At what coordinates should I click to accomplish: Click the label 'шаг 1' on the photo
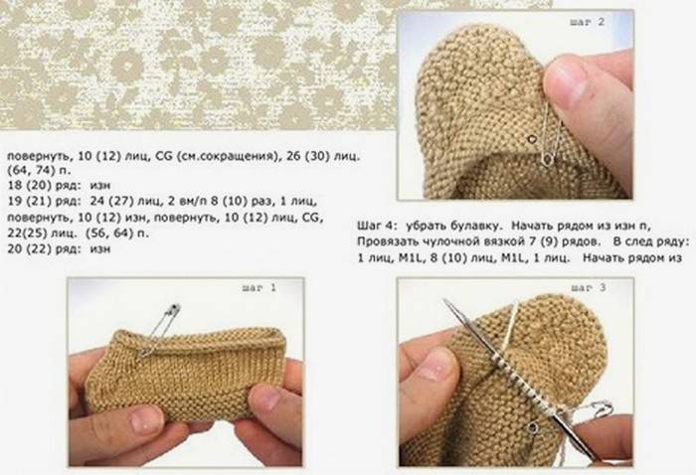pyautogui.click(x=260, y=288)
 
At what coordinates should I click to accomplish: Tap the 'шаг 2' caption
pyautogui.click(x=588, y=22)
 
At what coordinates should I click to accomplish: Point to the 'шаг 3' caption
pyautogui.click(x=589, y=288)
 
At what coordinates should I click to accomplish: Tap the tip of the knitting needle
pyautogui.click(x=444, y=300)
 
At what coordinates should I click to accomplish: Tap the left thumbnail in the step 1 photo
pyautogui.click(x=146, y=418)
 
